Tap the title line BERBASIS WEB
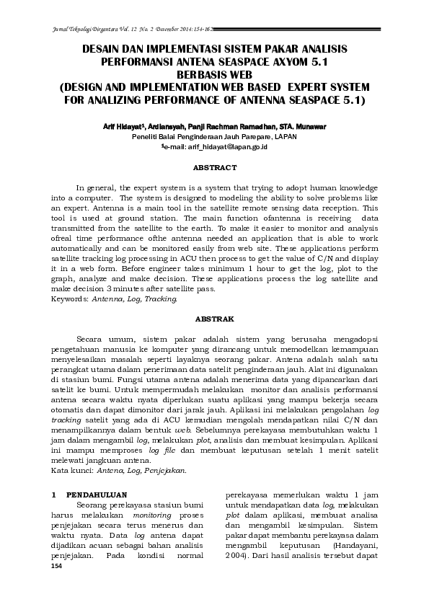pos(214,74)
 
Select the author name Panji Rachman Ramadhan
pos(229,125)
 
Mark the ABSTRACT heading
pos(215,167)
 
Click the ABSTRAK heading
pos(215,318)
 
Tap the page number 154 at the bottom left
pos(58,566)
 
